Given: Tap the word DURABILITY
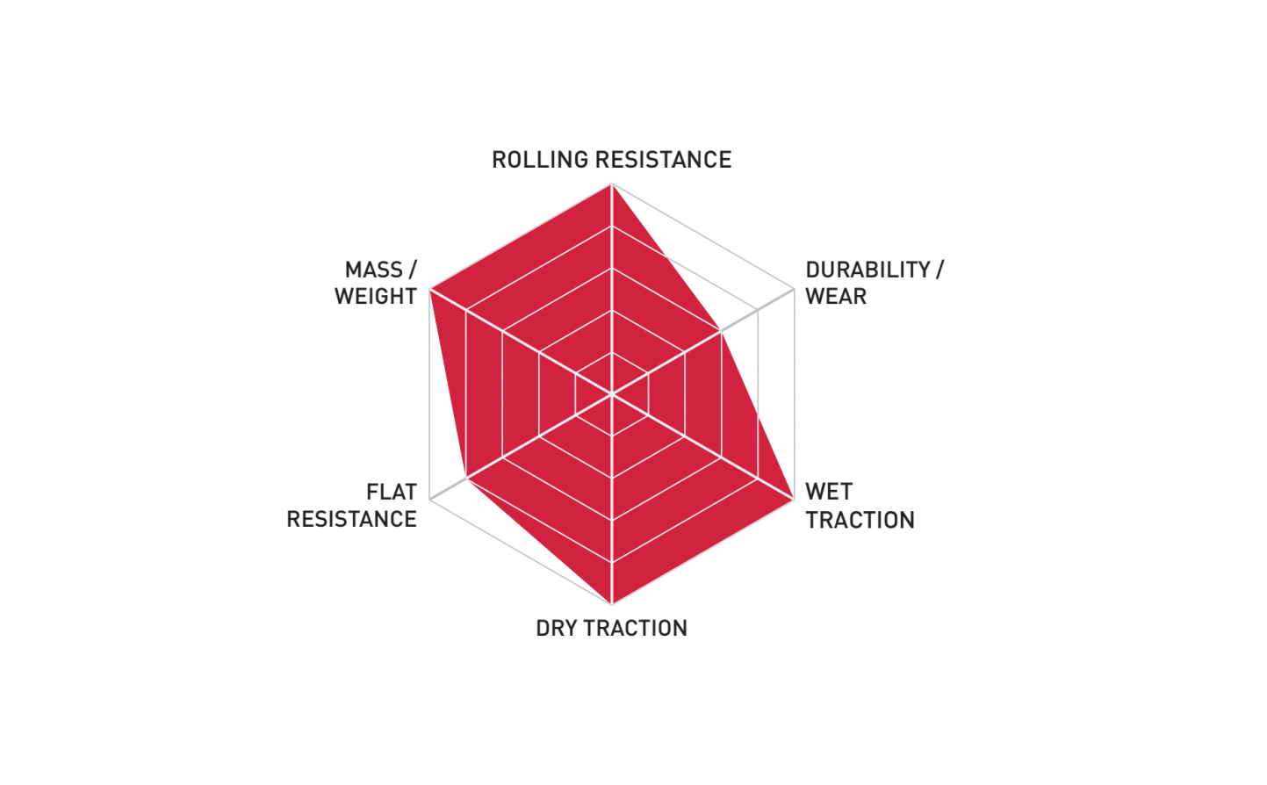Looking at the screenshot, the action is click(867, 270).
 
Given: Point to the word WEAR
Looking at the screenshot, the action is click(836, 297).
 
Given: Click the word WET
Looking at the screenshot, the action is click(829, 492).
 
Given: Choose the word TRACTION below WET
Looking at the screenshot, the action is click(860, 520).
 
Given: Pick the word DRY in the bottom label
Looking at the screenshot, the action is click(557, 629).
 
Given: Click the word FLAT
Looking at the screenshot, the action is click(392, 492).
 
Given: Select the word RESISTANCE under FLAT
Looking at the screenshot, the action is click(352, 519).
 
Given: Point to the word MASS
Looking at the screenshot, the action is click(374, 270).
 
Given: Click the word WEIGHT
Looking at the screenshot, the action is click(376, 297).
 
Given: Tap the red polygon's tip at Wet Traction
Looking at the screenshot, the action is click(794, 500).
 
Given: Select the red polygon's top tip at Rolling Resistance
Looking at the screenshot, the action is click(611, 184).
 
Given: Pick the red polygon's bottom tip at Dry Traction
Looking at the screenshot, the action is click(611, 604).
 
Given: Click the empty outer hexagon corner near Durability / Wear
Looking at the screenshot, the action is click(794, 289).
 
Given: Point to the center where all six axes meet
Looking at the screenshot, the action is click(611, 393).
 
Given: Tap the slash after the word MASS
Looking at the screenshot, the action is click(413, 270).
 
